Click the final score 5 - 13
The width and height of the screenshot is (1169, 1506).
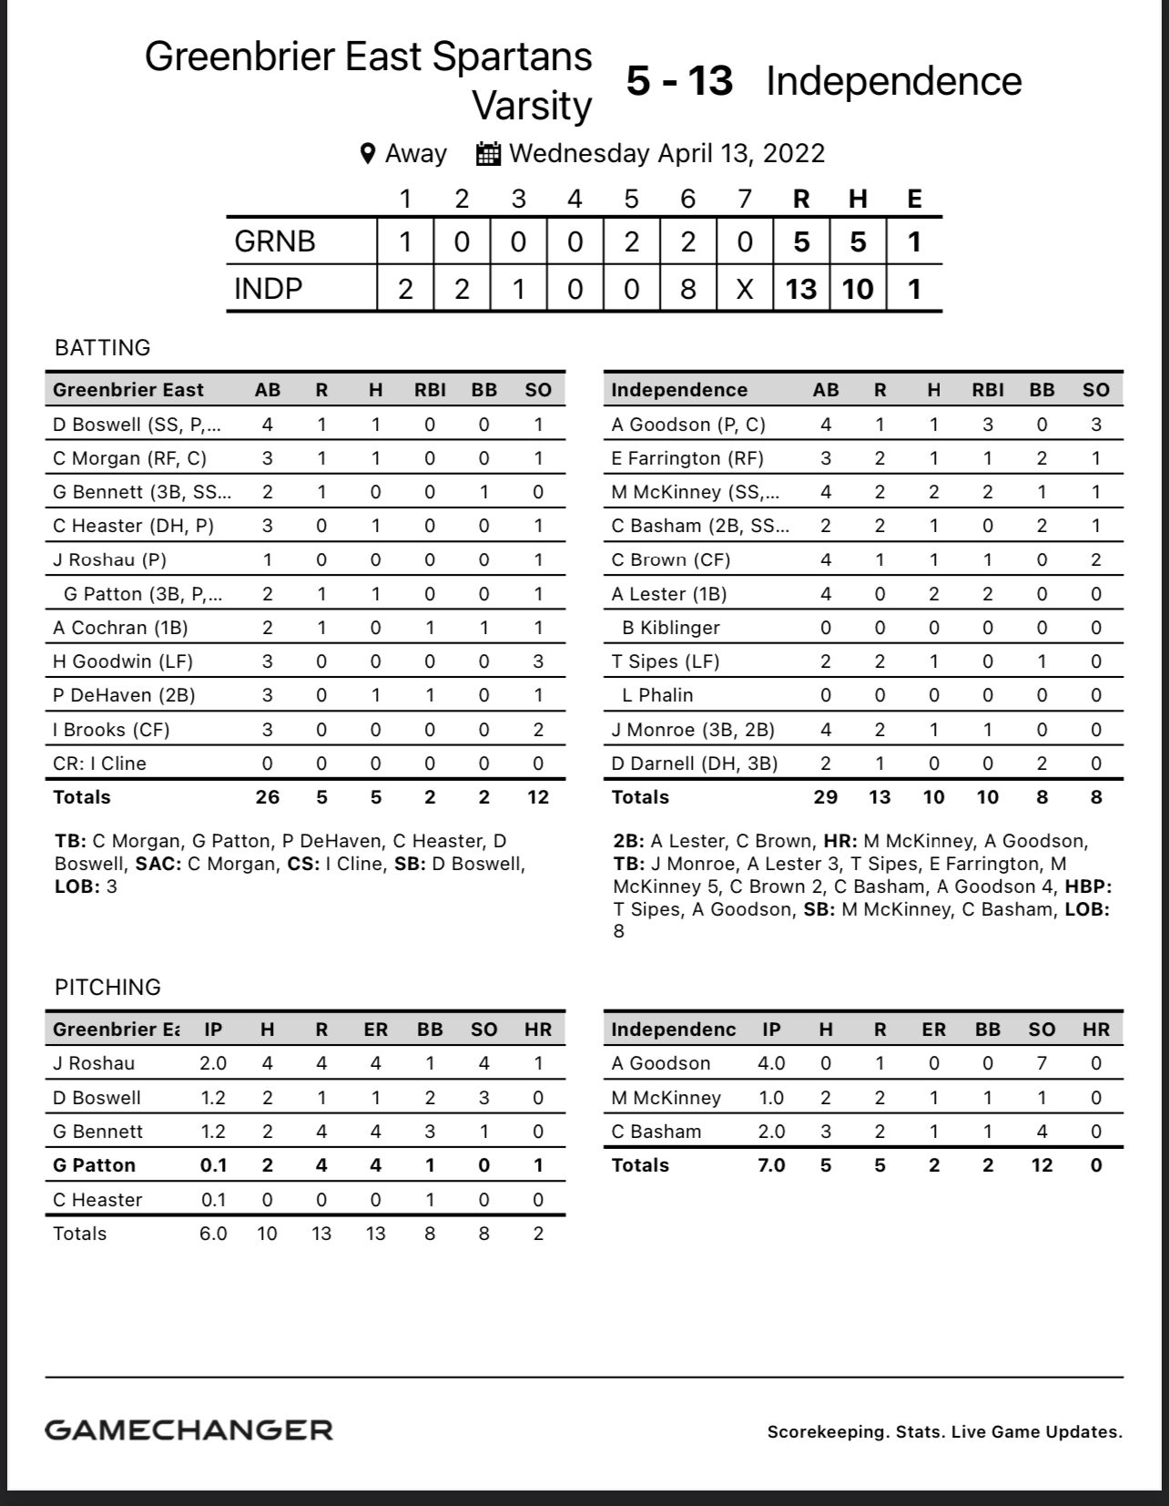(679, 81)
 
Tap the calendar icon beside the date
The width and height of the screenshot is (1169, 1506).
(489, 153)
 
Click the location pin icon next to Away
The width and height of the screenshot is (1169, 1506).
(368, 153)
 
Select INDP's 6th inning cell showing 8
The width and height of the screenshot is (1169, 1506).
(688, 289)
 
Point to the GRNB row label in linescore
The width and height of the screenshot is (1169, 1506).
(275, 241)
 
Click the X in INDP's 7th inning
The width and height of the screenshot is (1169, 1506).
(745, 289)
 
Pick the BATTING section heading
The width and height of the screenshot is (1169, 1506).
(103, 348)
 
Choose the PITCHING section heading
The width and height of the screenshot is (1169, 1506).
(107, 988)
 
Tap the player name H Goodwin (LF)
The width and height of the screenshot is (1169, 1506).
(123, 661)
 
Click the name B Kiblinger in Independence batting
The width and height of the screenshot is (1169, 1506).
(671, 628)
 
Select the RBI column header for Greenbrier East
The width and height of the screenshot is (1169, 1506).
(430, 390)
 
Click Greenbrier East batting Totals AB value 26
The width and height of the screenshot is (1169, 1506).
(267, 797)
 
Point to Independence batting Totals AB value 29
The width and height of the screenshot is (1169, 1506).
(825, 797)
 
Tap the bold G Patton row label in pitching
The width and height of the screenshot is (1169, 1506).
(94, 1165)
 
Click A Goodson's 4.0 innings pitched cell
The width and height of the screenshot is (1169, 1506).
(771, 1063)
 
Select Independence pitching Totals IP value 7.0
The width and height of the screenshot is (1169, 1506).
(771, 1165)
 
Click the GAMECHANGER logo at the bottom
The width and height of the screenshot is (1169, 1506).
(188, 1430)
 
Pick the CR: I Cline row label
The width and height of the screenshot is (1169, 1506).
(99, 763)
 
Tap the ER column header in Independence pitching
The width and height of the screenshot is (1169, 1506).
(933, 1030)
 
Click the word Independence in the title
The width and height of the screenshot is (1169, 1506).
(893, 81)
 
